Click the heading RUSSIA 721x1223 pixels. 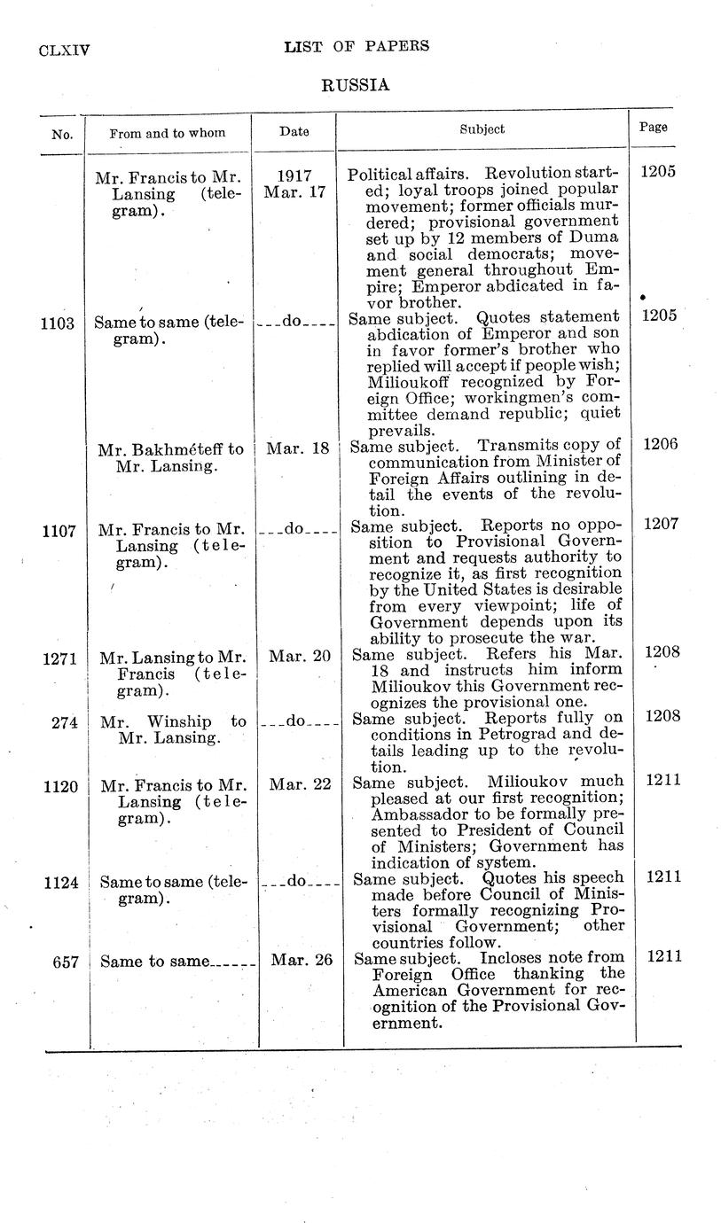[355, 86]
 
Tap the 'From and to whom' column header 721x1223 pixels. [167, 133]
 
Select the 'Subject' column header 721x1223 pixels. [482, 129]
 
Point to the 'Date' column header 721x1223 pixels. [294, 131]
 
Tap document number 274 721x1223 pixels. [64, 722]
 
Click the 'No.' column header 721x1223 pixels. [61, 135]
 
